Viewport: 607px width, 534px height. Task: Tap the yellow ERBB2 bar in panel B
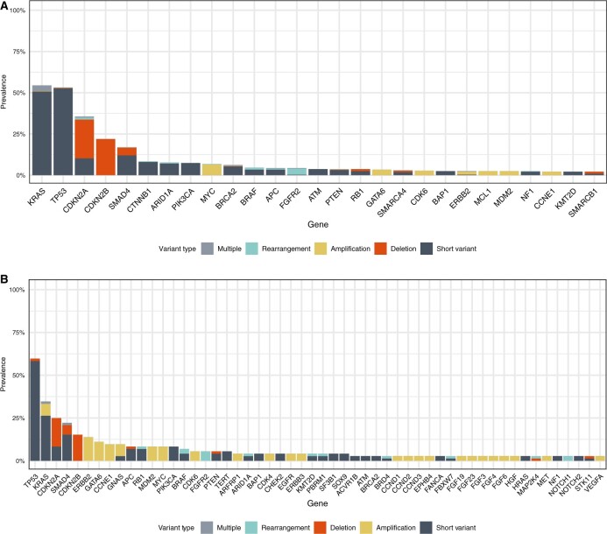click(88, 437)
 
